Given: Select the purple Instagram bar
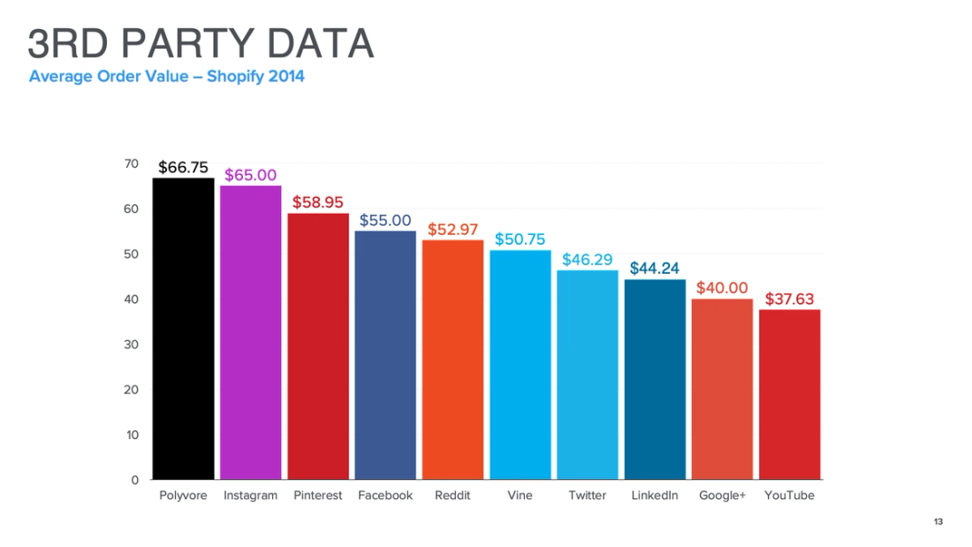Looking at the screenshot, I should pos(250,332).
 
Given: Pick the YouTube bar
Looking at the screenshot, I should pos(789,394).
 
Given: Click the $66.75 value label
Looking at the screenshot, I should pos(183,167).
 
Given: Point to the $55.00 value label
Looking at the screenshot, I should pos(385,220).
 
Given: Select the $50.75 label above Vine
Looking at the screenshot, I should pos(520,239).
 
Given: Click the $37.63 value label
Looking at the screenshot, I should pos(789,299).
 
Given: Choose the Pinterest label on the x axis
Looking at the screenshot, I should pos(317,496).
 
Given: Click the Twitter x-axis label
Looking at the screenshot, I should pos(587,496).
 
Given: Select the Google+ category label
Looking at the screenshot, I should pos(722,496).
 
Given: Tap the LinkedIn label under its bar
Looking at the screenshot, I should pos(655,496).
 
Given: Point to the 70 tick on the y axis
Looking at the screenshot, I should pos(132,163).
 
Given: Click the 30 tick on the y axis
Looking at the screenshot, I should pos(132,345).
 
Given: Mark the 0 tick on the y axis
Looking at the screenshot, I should pos(135,480).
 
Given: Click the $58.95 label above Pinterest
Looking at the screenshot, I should pos(318,201).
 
